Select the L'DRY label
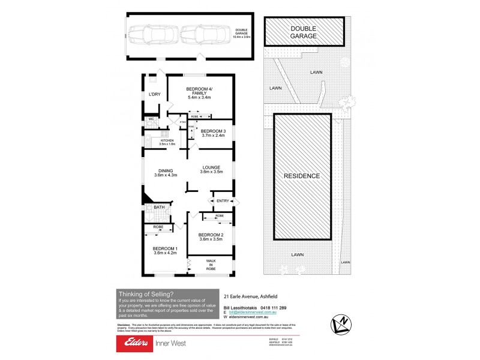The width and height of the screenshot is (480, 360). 154,94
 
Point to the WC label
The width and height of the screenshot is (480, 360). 151,119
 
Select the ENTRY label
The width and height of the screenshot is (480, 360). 223,200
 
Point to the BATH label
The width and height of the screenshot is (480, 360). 159,208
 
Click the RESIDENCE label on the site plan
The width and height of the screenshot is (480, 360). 302,176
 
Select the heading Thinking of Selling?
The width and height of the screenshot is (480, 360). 146,294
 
